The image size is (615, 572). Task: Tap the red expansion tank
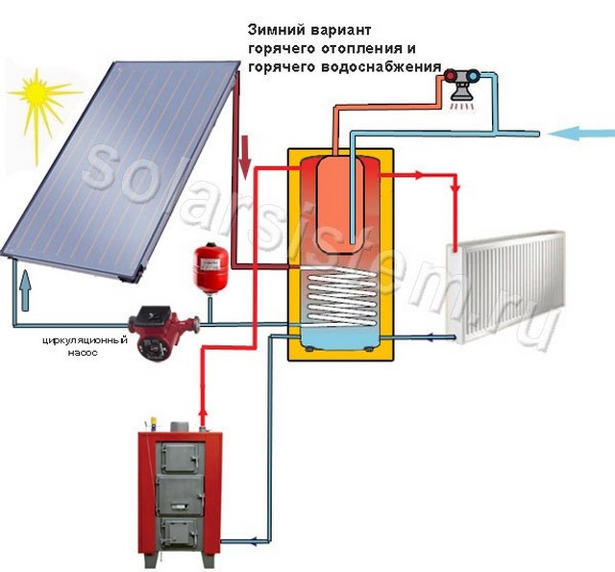[x=210, y=268]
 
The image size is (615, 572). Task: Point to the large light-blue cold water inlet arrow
[x=580, y=135]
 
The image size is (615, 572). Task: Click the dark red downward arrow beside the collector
[x=246, y=157]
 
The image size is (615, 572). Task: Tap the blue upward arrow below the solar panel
[x=25, y=290]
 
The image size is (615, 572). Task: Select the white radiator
[x=506, y=287]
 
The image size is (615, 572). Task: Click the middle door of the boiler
[x=181, y=495]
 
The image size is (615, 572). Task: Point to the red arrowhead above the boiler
[x=203, y=413]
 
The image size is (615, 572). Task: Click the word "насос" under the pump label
[x=83, y=353]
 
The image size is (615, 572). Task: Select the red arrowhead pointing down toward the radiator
[x=455, y=189]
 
